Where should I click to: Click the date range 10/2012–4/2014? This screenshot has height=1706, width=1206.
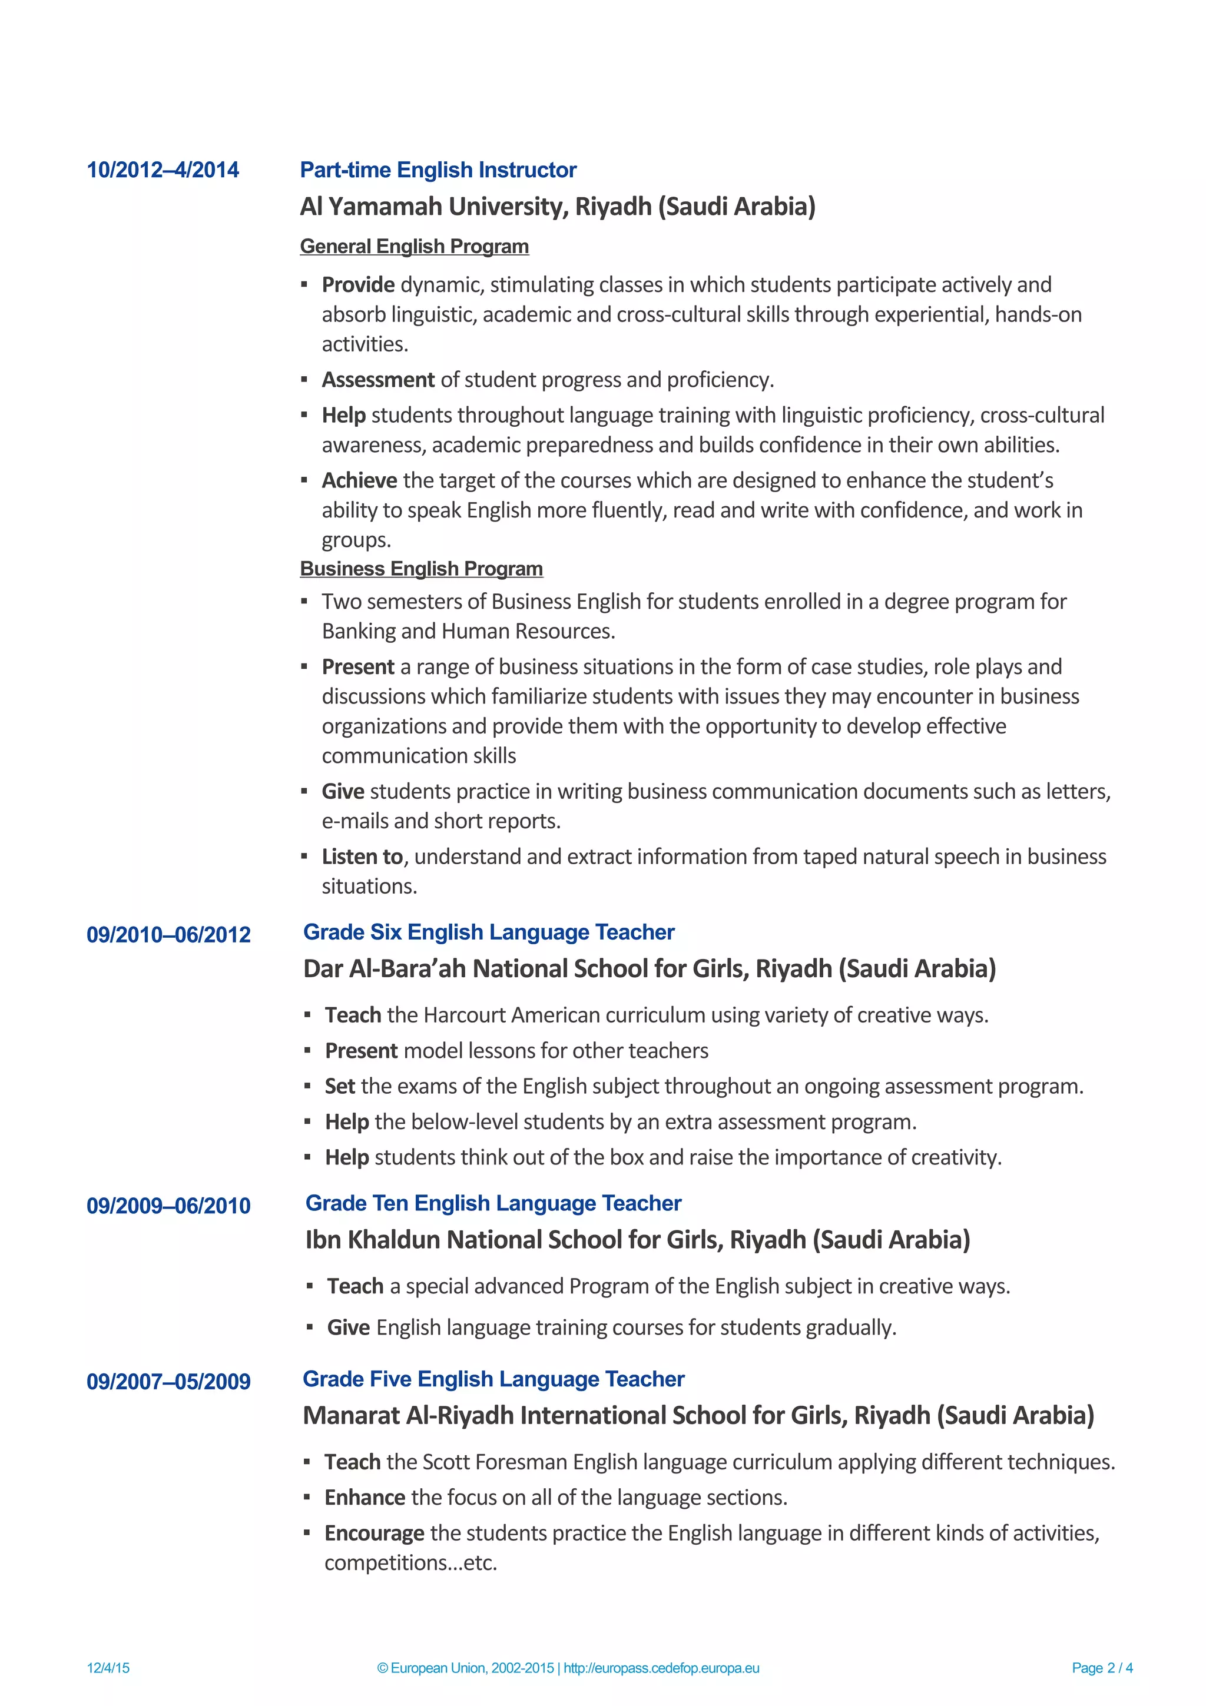coord(163,170)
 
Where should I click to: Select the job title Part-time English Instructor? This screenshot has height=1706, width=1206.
coord(438,170)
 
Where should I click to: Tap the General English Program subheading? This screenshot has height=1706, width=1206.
coord(414,246)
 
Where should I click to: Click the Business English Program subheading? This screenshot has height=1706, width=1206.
coord(420,569)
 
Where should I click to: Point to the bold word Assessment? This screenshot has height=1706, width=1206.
coord(377,380)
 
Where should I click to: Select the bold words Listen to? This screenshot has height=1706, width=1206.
coord(362,857)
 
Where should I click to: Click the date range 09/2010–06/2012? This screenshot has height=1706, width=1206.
coord(168,935)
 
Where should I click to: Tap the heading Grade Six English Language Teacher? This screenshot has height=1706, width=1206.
coord(488,932)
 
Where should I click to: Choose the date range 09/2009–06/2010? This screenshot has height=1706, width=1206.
coord(168,1206)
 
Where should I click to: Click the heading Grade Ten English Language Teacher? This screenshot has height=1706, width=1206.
coord(493,1203)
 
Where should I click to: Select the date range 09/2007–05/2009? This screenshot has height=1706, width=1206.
coord(168,1382)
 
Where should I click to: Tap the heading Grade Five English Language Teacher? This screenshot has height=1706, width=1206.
coord(493,1379)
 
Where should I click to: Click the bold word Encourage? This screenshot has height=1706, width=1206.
coord(374,1534)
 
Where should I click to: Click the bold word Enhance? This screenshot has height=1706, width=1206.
coord(364,1498)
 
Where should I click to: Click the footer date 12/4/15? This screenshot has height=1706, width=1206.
coord(108,1668)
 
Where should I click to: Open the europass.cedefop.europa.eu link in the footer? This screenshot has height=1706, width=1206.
coord(661,1668)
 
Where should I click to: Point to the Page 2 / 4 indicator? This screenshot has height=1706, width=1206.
coord(1101,1668)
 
